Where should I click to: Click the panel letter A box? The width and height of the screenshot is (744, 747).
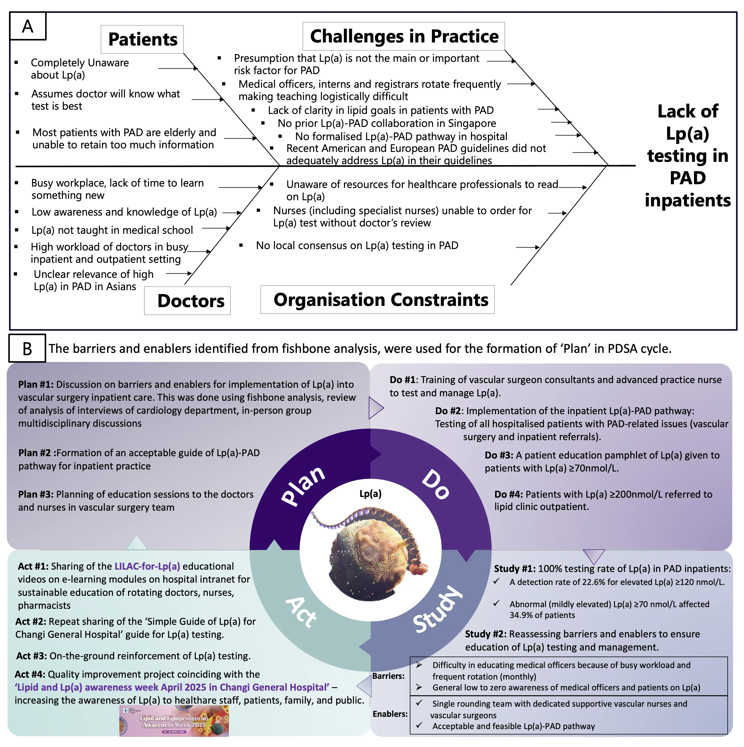27,26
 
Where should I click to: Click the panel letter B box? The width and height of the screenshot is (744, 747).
27,348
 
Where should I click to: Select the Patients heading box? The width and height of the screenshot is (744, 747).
142,39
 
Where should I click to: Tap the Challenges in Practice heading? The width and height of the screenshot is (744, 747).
404,36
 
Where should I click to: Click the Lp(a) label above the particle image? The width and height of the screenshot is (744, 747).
370,494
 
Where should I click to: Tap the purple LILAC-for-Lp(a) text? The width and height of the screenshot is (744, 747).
147,566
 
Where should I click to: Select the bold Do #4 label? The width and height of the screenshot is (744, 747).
509,494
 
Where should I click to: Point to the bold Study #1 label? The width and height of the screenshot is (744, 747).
514,569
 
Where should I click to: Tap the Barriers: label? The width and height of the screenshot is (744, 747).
388,676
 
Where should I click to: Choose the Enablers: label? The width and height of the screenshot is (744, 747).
390,714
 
